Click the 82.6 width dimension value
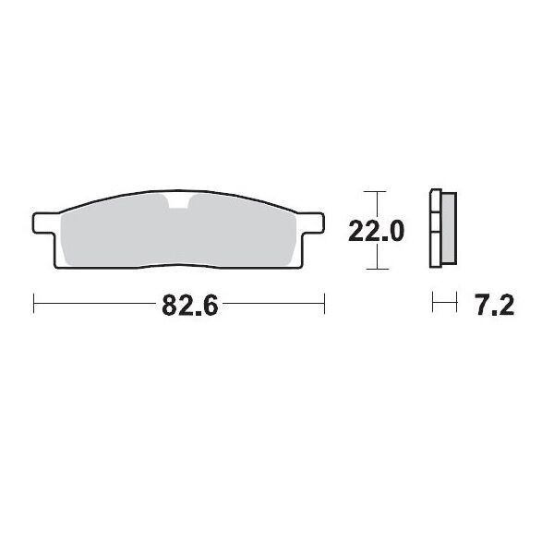coord(189,306)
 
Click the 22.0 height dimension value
coord(375,232)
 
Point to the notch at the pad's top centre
coord(178,202)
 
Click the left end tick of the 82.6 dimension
coord(34,303)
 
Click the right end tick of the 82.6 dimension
coord(324,303)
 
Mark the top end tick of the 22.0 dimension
coord(372,192)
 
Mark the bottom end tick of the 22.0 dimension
coord(372,270)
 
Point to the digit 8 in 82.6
coord(170,306)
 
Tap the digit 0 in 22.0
coord(395,232)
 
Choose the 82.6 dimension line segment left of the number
coord(97,303)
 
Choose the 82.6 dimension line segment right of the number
coord(272,303)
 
